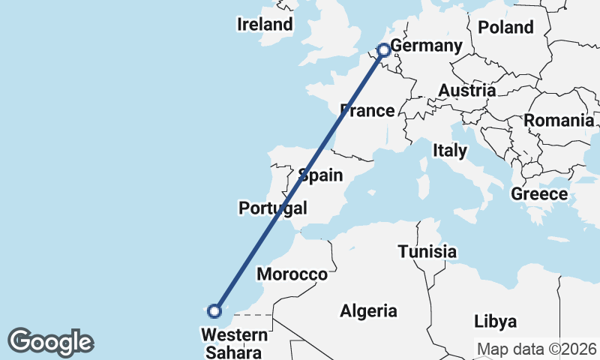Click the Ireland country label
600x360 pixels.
coord(265,25)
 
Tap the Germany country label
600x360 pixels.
coord(426,46)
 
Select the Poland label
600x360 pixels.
coord(505,28)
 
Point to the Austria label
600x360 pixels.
coord(466,91)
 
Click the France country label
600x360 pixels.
coord(367,111)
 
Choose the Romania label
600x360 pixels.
coord(558,120)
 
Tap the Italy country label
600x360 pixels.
coord(449,151)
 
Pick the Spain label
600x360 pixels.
coord(320,176)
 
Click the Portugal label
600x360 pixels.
coord(273,208)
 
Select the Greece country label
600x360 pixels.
coord(538,194)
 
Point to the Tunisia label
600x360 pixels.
coord(427,252)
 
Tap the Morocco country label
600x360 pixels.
coord(292,274)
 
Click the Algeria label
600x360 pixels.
coord(368,310)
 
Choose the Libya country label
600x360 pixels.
coord(495,322)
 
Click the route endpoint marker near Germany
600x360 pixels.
coord(383,50)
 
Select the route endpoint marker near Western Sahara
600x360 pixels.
coord(214,310)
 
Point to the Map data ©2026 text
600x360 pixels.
coord(536,349)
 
